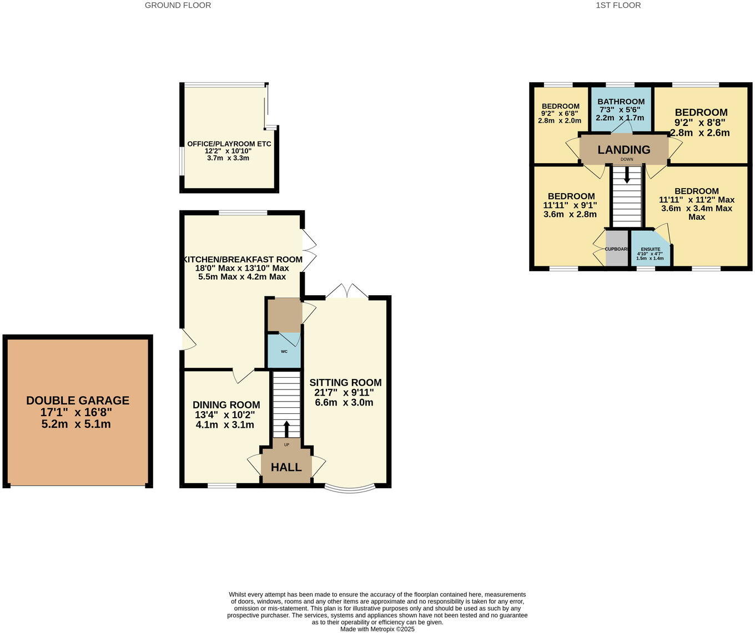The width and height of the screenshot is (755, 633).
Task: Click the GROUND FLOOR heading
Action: [178, 5]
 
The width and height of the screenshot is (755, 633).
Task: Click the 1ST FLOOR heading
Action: [618, 5]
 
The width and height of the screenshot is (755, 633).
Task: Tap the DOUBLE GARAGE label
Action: [78, 401]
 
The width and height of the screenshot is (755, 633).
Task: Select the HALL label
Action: [286, 467]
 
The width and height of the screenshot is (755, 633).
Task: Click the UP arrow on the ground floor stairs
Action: [286, 429]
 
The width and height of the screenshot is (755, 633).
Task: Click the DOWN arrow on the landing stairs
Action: [627, 175]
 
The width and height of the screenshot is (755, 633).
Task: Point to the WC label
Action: [284, 352]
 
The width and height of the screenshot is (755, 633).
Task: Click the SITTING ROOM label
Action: [345, 382]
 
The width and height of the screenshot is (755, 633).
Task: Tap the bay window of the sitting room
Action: [349, 489]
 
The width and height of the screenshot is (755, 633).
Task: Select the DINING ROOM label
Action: [226, 405]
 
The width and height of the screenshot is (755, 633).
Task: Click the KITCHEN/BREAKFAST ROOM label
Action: [243, 259]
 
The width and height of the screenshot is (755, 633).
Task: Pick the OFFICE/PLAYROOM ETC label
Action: [229, 144]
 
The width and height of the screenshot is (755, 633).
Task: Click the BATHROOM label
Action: [621, 102]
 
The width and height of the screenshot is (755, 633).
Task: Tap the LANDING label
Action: [623, 150]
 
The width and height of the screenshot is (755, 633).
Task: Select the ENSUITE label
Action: [650, 249]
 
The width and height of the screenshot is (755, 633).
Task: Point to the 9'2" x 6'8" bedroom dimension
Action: [560, 113]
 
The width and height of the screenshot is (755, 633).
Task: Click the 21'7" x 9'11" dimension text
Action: [344, 392]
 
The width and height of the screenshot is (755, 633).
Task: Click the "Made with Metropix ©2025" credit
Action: [377, 629]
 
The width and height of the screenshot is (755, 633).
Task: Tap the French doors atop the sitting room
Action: [346, 292]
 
